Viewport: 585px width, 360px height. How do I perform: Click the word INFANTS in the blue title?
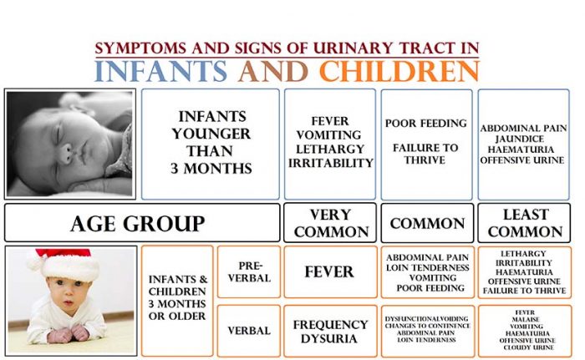pos(160,71)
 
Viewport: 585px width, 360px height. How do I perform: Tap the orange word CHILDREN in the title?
pos(399,71)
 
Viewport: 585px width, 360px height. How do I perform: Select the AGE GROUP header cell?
pos(142,223)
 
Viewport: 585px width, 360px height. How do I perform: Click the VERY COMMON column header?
pos(330,223)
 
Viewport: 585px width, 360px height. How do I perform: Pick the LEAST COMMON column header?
pos(524,223)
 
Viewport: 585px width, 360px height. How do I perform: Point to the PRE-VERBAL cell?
pos(249,271)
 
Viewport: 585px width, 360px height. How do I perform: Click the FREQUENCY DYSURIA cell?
pos(330,332)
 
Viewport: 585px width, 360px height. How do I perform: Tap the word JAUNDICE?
pos(520,139)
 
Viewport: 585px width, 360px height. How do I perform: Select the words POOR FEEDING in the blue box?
pos(426,123)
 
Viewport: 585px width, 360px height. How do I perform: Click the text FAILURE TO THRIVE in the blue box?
pos(425,154)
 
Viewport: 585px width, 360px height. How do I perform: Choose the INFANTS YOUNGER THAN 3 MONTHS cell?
pos(211,144)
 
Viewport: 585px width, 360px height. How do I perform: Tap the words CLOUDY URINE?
pos(527,347)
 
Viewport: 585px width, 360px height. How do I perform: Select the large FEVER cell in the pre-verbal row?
pos(330,271)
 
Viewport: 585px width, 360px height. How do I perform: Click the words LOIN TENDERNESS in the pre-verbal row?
pos(428,267)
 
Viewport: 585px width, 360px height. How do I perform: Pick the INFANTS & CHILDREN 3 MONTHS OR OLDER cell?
pos(177,301)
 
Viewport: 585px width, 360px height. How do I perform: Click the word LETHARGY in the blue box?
pos(330,149)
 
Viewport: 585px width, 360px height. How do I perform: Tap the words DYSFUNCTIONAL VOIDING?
pos(426,318)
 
